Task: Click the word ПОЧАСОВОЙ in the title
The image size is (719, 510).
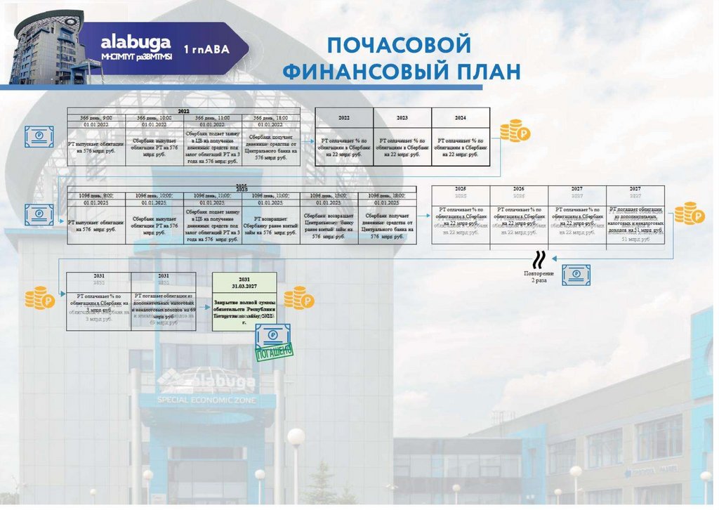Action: point(398,46)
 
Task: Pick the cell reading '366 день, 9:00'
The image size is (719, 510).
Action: point(97,118)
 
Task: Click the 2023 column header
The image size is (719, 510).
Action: point(402,118)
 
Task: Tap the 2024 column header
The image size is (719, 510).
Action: point(461,118)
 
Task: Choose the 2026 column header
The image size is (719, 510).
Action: point(519,190)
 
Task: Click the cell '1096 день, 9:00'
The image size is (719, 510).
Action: point(97,196)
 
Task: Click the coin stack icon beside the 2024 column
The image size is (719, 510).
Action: point(515,131)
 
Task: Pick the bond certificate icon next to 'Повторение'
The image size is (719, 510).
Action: point(576,274)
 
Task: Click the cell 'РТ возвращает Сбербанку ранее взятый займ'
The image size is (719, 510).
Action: point(271,225)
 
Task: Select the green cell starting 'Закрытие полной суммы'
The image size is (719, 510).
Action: point(244,308)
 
